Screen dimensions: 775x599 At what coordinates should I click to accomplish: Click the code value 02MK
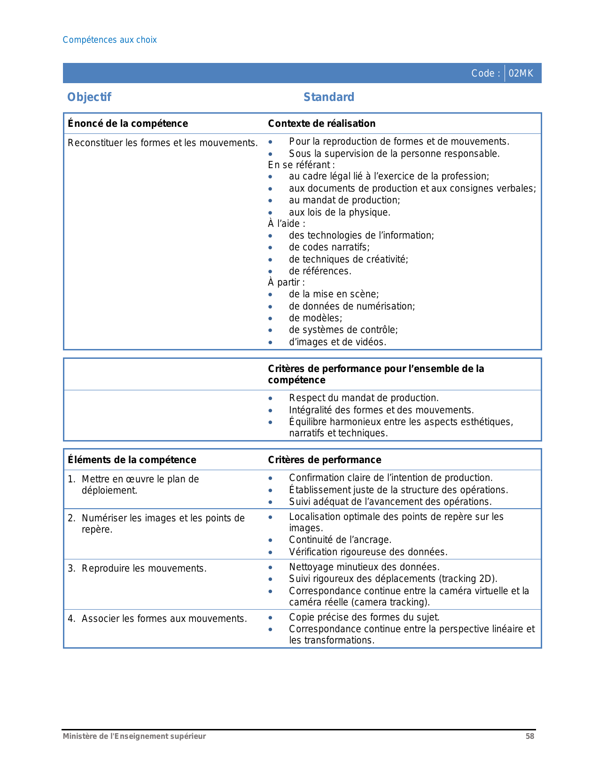[521, 73]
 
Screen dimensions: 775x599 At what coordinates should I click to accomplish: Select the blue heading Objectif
[89, 97]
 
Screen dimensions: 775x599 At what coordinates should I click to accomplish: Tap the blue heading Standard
[328, 97]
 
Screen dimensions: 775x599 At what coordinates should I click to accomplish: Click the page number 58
[529, 736]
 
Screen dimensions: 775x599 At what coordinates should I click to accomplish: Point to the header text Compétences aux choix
[109, 40]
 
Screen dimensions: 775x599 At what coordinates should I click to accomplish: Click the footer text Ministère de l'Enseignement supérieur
[134, 736]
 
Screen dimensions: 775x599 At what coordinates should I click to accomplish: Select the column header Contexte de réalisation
[321, 124]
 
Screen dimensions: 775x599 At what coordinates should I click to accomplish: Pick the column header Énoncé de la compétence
[127, 124]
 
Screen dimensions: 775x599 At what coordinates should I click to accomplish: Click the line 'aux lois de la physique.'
[339, 212]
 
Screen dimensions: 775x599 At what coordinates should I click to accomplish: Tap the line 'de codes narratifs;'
[329, 247]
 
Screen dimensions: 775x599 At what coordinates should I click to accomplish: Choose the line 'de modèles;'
[315, 318]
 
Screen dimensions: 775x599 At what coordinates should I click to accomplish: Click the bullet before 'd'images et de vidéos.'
[270, 342]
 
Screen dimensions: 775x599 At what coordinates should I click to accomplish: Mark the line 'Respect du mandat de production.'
[364, 398]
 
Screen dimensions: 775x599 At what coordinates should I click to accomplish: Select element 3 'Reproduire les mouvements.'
[144, 568]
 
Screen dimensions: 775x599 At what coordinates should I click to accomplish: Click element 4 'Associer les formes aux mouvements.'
[164, 619]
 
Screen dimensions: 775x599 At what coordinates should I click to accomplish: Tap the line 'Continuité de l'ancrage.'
[340, 540]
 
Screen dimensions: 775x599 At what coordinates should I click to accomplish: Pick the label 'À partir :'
[286, 282]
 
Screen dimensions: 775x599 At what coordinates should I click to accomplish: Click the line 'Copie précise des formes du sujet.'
[364, 617]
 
